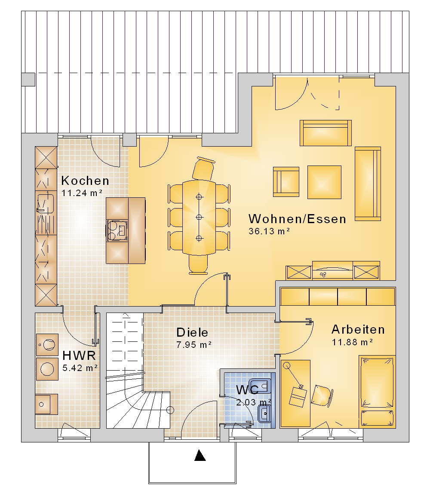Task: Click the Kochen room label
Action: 85,181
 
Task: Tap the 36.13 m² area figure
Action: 269,231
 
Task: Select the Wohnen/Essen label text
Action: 297,218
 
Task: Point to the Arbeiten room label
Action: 358,329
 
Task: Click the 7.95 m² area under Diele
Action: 194,345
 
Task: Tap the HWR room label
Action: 79,356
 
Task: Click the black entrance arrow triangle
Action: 200,455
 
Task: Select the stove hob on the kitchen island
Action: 117,230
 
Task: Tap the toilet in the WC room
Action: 265,386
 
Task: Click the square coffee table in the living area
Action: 324,182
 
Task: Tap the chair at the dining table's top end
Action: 203,169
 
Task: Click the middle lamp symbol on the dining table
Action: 199,217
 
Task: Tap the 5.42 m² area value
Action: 80,368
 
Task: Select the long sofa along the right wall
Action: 368,184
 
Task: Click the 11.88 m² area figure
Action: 352,342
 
